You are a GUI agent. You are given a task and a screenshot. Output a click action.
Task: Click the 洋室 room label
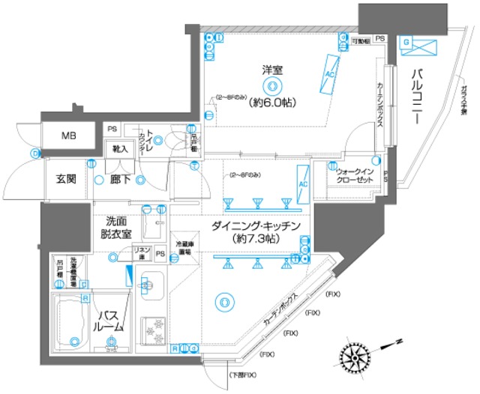pos(271,71)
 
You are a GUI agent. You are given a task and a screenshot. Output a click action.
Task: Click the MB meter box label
pos(67,137)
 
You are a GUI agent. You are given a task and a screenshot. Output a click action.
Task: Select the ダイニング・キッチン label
pos(256,225)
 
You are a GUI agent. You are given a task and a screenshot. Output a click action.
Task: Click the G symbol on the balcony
pos(406,43)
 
